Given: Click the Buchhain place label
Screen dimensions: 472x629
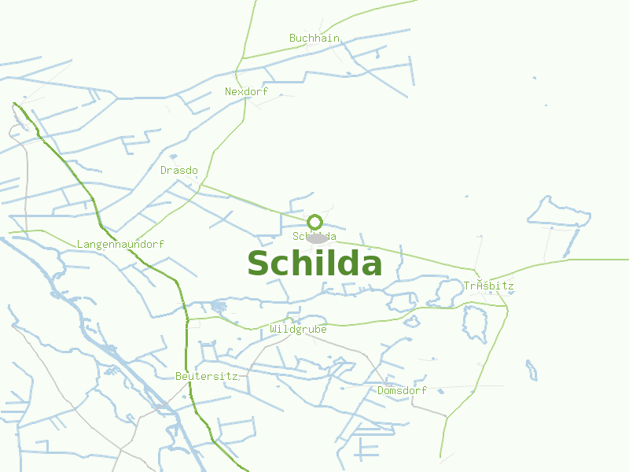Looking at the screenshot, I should click(314, 38).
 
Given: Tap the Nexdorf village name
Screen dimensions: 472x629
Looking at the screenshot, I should click(246, 91).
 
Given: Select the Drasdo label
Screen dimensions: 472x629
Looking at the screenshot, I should click(178, 170).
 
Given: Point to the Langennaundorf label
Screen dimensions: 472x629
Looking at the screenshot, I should click(120, 244).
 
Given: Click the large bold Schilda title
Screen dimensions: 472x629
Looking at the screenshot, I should click(314, 264).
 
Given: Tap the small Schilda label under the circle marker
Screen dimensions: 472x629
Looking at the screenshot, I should click(314, 236).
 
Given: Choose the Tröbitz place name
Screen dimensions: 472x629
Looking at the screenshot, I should click(488, 286).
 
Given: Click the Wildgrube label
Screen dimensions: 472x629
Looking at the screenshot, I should click(298, 329).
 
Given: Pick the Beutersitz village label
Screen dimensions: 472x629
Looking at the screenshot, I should click(207, 376).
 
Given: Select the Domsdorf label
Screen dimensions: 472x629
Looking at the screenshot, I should click(402, 390).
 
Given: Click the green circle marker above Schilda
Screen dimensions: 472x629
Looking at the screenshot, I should click(315, 222).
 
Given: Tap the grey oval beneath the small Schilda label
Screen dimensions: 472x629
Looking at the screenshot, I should click(317, 238).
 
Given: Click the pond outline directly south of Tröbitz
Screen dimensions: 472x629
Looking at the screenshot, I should click(476, 323).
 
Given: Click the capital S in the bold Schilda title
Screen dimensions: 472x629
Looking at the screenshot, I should click(259, 264).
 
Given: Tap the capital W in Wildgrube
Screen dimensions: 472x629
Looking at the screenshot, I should click(273, 329).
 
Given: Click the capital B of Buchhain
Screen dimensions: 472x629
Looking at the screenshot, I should click(292, 38).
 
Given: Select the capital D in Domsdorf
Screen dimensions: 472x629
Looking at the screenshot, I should click(381, 390).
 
